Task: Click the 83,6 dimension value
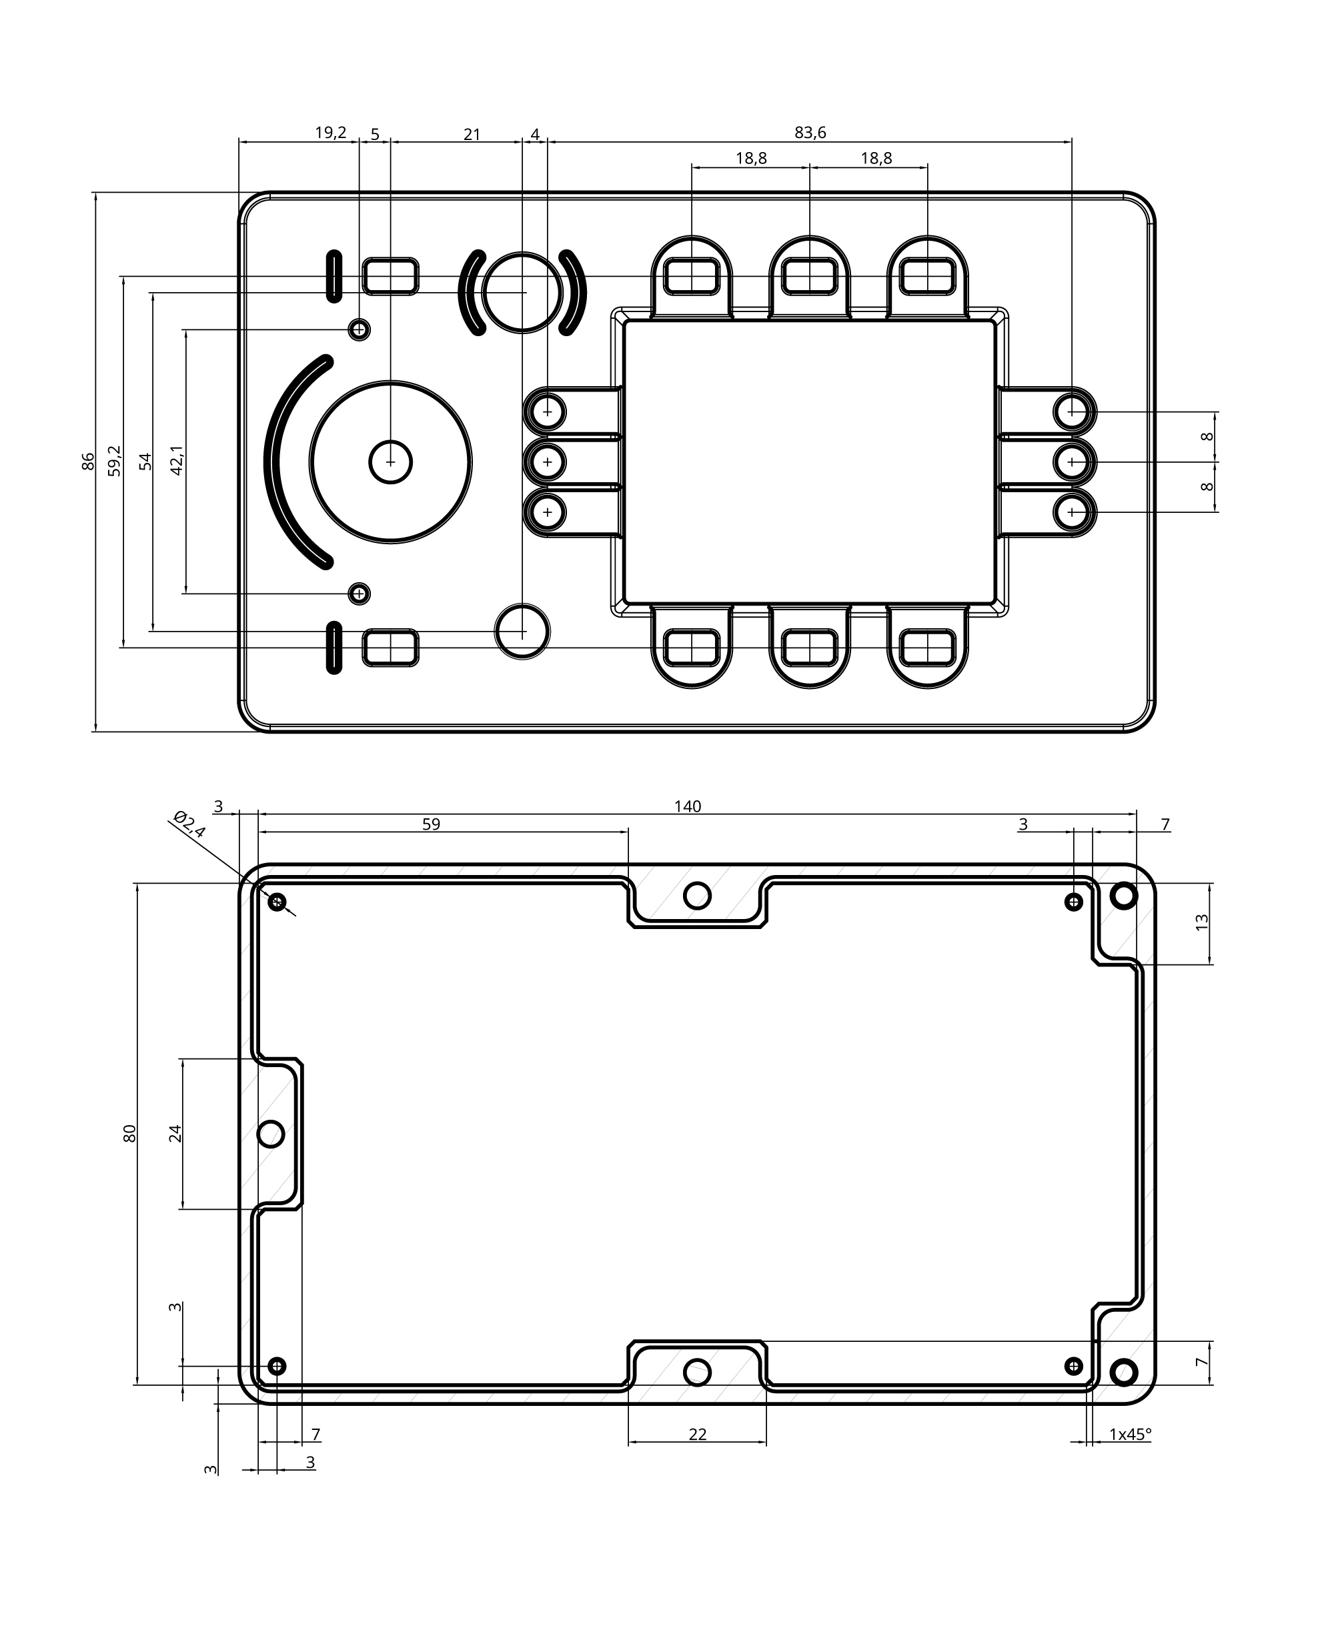pos(810,133)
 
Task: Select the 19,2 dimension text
pos(330,133)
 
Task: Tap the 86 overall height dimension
pos(88,461)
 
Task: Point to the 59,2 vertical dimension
pos(115,461)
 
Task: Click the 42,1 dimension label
pos(176,461)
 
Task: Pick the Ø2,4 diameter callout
pos(189,824)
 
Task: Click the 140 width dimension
pos(688,806)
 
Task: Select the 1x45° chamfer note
pos(1131,1434)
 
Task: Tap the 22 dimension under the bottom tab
pos(697,1434)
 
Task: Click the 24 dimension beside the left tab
pos(176,1133)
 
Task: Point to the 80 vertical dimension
pos(130,1133)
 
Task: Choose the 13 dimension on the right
pos(1203,922)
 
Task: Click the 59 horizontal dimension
pos(431,824)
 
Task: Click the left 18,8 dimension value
pos(751,158)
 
